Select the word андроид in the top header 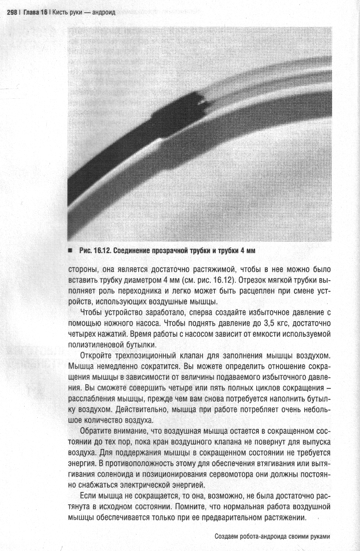[104, 13]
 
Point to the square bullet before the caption [71, 251]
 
